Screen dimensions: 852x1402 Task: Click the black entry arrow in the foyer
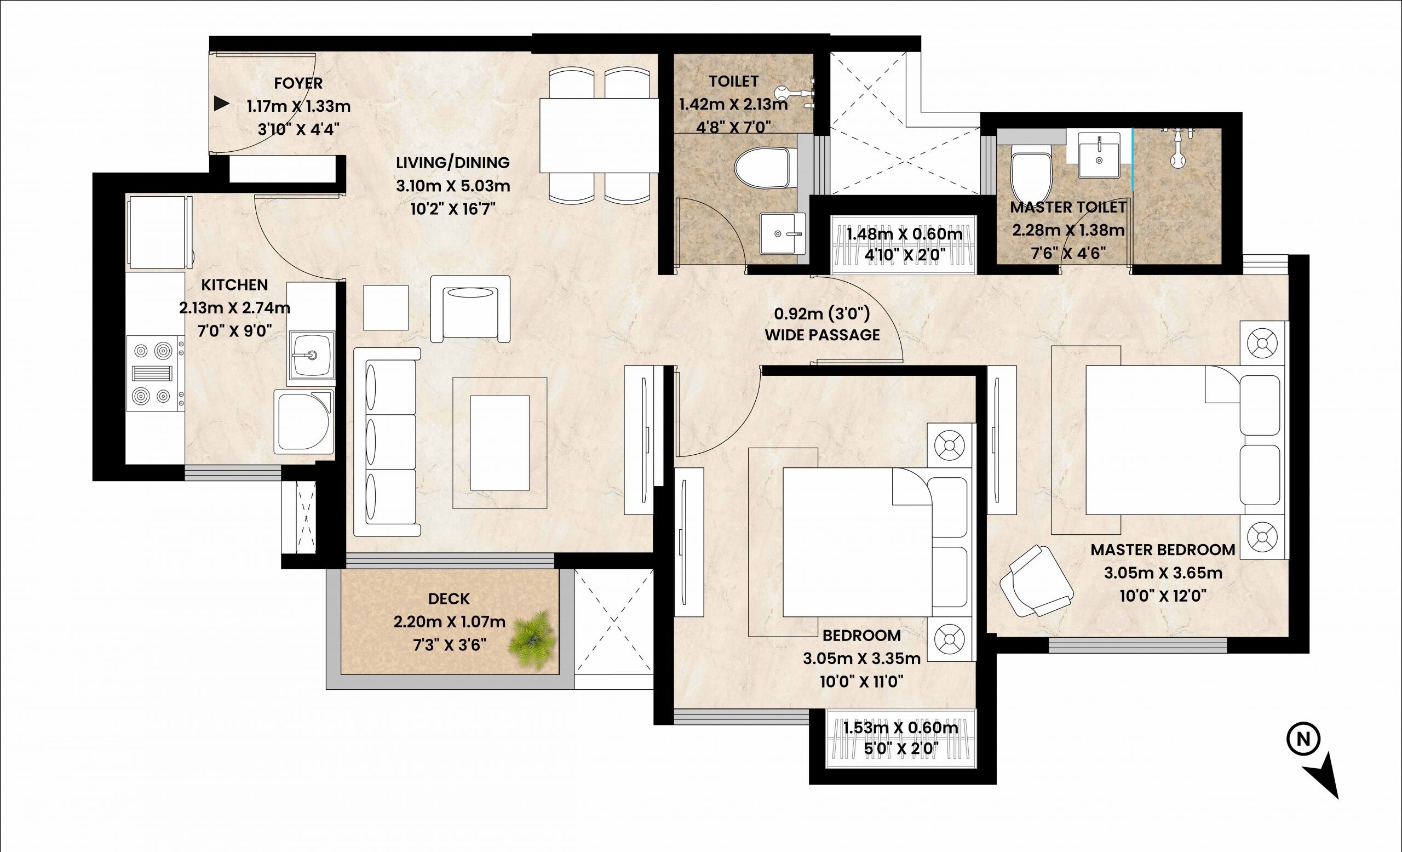[221, 104]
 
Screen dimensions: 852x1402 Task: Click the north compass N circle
[1300, 740]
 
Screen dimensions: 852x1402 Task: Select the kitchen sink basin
[311, 356]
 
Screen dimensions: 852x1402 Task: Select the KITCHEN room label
[234, 284]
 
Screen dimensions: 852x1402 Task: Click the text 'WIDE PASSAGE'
[822, 335]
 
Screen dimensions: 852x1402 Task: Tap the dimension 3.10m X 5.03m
[453, 186]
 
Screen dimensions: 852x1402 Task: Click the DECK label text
[449, 599]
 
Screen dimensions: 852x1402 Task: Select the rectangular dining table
[599, 135]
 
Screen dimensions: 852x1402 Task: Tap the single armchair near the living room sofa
[470, 308]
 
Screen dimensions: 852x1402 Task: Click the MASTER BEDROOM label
[1163, 550]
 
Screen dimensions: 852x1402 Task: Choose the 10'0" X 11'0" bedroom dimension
[861, 681]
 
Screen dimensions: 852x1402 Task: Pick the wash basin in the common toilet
[783, 233]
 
